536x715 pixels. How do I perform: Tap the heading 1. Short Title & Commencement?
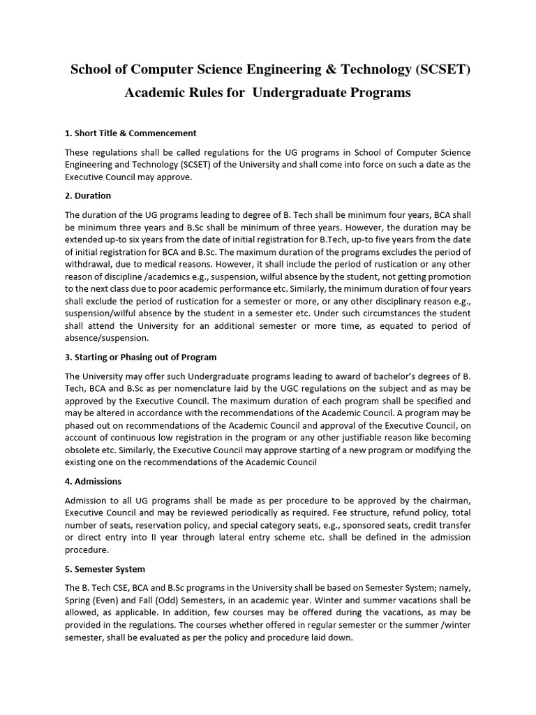coord(131,133)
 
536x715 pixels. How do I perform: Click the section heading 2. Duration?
coord(88,196)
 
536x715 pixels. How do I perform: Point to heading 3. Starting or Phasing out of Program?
coord(140,357)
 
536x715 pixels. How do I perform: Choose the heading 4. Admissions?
coord(93,481)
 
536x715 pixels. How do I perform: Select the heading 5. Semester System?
coord(105,569)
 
